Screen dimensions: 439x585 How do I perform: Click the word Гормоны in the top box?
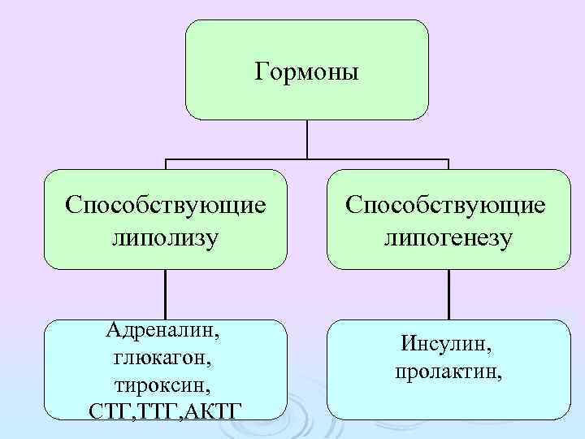point(306,72)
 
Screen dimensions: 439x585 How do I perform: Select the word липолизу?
point(166,238)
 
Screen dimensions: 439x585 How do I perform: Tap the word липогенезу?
point(448,238)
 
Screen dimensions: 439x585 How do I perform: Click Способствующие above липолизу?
point(166,204)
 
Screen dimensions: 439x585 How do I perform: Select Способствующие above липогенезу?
point(448,204)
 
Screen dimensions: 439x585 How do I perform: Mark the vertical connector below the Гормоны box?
point(307,138)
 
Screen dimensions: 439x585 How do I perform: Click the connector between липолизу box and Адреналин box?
point(166,293)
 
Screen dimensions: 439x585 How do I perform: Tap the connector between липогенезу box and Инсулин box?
point(448,293)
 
